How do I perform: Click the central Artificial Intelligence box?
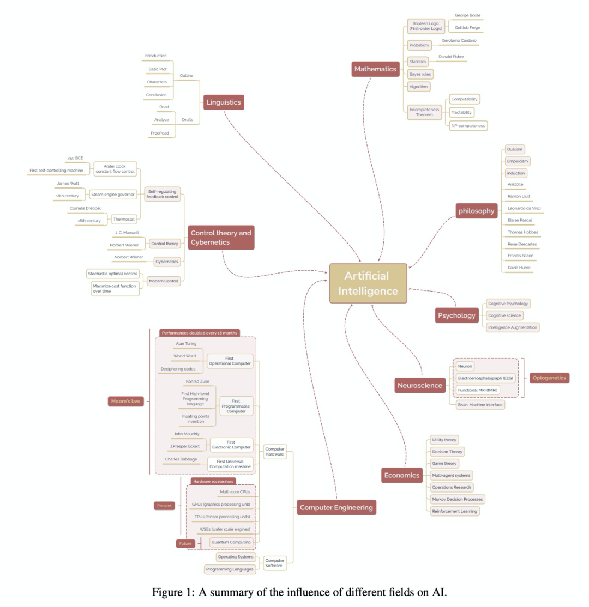(x=368, y=283)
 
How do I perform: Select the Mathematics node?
(x=375, y=69)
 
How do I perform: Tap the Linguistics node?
(x=224, y=102)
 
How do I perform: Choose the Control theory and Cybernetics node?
(x=221, y=238)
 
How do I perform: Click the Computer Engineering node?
(x=336, y=507)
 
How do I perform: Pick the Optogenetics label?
(x=549, y=378)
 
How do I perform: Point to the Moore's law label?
(x=125, y=402)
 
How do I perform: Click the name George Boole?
(x=467, y=15)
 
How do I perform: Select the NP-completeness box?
(x=468, y=126)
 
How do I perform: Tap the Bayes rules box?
(x=420, y=74)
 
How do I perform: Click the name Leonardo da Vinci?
(x=524, y=208)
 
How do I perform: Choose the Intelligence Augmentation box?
(x=513, y=327)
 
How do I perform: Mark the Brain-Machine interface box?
(x=480, y=405)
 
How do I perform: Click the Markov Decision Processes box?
(x=456, y=499)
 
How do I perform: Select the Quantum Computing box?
(x=231, y=542)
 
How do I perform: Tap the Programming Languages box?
(x=230, y=569)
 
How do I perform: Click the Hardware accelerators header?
(x=213, y=482)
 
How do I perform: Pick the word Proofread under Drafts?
(x=160, y=133)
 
